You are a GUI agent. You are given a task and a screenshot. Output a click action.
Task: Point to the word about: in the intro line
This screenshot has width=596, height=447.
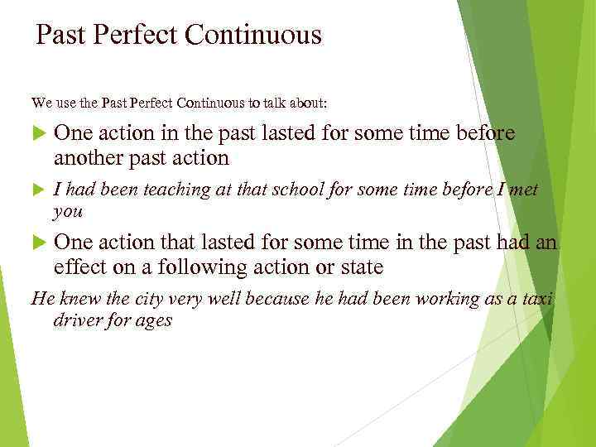pyautogui.click(x=308, y=103)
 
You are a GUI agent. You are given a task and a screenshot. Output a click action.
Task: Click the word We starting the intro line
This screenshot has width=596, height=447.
pyautogui.click(x=41, y=103)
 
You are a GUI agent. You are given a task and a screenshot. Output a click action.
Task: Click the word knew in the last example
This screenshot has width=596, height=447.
pyautogui.click(x=76, y=298)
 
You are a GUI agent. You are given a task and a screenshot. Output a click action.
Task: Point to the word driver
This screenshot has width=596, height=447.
pyautogui.click(x=78, y=320)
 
